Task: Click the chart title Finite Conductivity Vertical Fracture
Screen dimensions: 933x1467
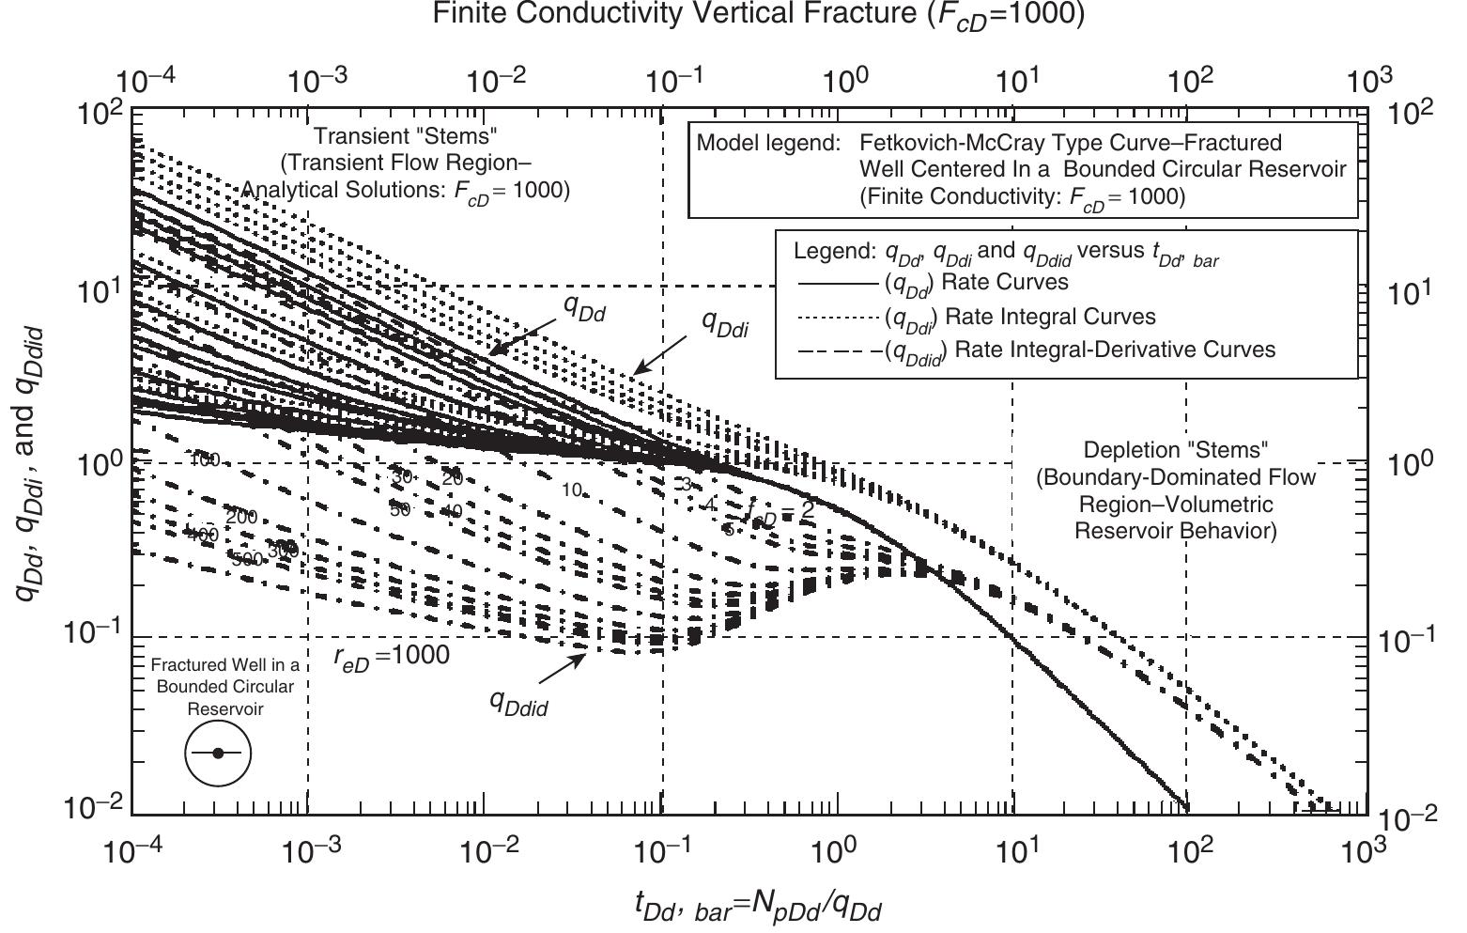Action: pyautogui.click(x=733, y=16)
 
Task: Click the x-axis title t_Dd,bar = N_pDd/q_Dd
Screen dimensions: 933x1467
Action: pyautogui.click(x=759, y=908)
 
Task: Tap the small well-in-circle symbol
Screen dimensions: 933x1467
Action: pyautogui.click(x=218, y=754)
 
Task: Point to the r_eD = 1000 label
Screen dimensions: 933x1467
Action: pyautogui.click(x=392, y=655)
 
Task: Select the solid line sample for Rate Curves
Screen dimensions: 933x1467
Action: pyautogui.click(x=838, y=282)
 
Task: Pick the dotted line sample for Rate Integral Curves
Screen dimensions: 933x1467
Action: pyautogui.click(x=838, y=317)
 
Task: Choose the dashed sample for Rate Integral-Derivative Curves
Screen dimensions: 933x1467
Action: pyautogui.click(x=838, y=350)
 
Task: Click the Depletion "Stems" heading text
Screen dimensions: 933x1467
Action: pyautogui.click(x=1176, y=450)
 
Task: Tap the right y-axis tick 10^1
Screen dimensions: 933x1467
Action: pyautogui.click(x=1409, y=291)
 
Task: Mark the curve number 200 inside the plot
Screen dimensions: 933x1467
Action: pyautogui.click(x=241, y=516)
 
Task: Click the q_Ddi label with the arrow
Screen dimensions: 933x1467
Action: pyautogui.click(x=725, y=323)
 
